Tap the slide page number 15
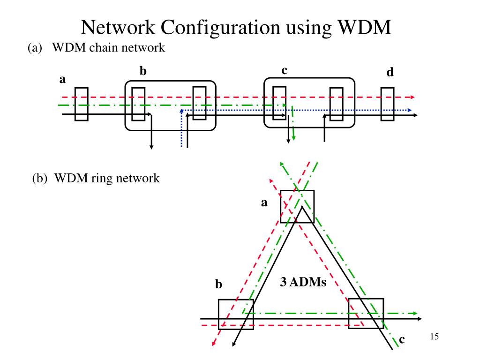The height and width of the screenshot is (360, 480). [434, 337]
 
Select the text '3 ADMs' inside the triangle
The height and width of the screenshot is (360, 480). [303, 282]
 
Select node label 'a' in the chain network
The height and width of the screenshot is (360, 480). [62, 80]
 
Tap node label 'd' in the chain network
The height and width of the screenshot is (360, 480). [390, 73]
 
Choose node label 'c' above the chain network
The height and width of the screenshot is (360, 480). [284, 70]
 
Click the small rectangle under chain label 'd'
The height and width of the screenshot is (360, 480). [387, 104]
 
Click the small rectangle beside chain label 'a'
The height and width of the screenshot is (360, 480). [81, 104]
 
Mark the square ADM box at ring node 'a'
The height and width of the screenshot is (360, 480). [297, 206]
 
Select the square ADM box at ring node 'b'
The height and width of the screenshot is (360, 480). [236, 314]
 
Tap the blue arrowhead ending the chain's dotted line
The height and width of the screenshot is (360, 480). [410, 110]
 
